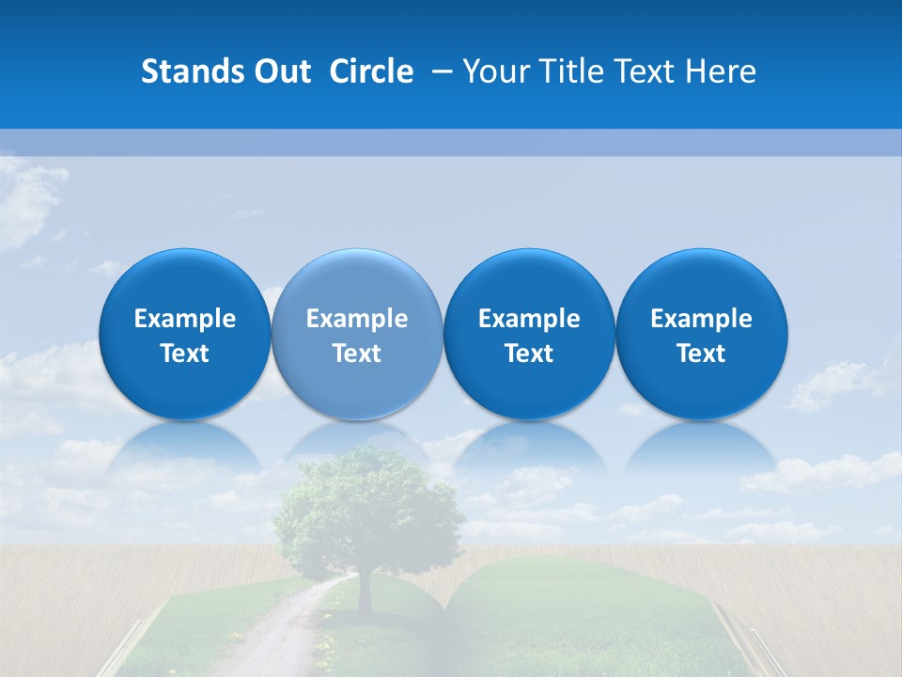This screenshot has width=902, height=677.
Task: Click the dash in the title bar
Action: pos(441,72)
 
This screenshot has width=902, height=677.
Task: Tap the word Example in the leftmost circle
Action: pos(185,319)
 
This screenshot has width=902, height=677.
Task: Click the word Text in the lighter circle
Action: pos(357,354)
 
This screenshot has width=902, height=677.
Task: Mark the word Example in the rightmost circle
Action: pos(702,319)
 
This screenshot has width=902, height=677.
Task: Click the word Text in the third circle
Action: pos(529,354)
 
